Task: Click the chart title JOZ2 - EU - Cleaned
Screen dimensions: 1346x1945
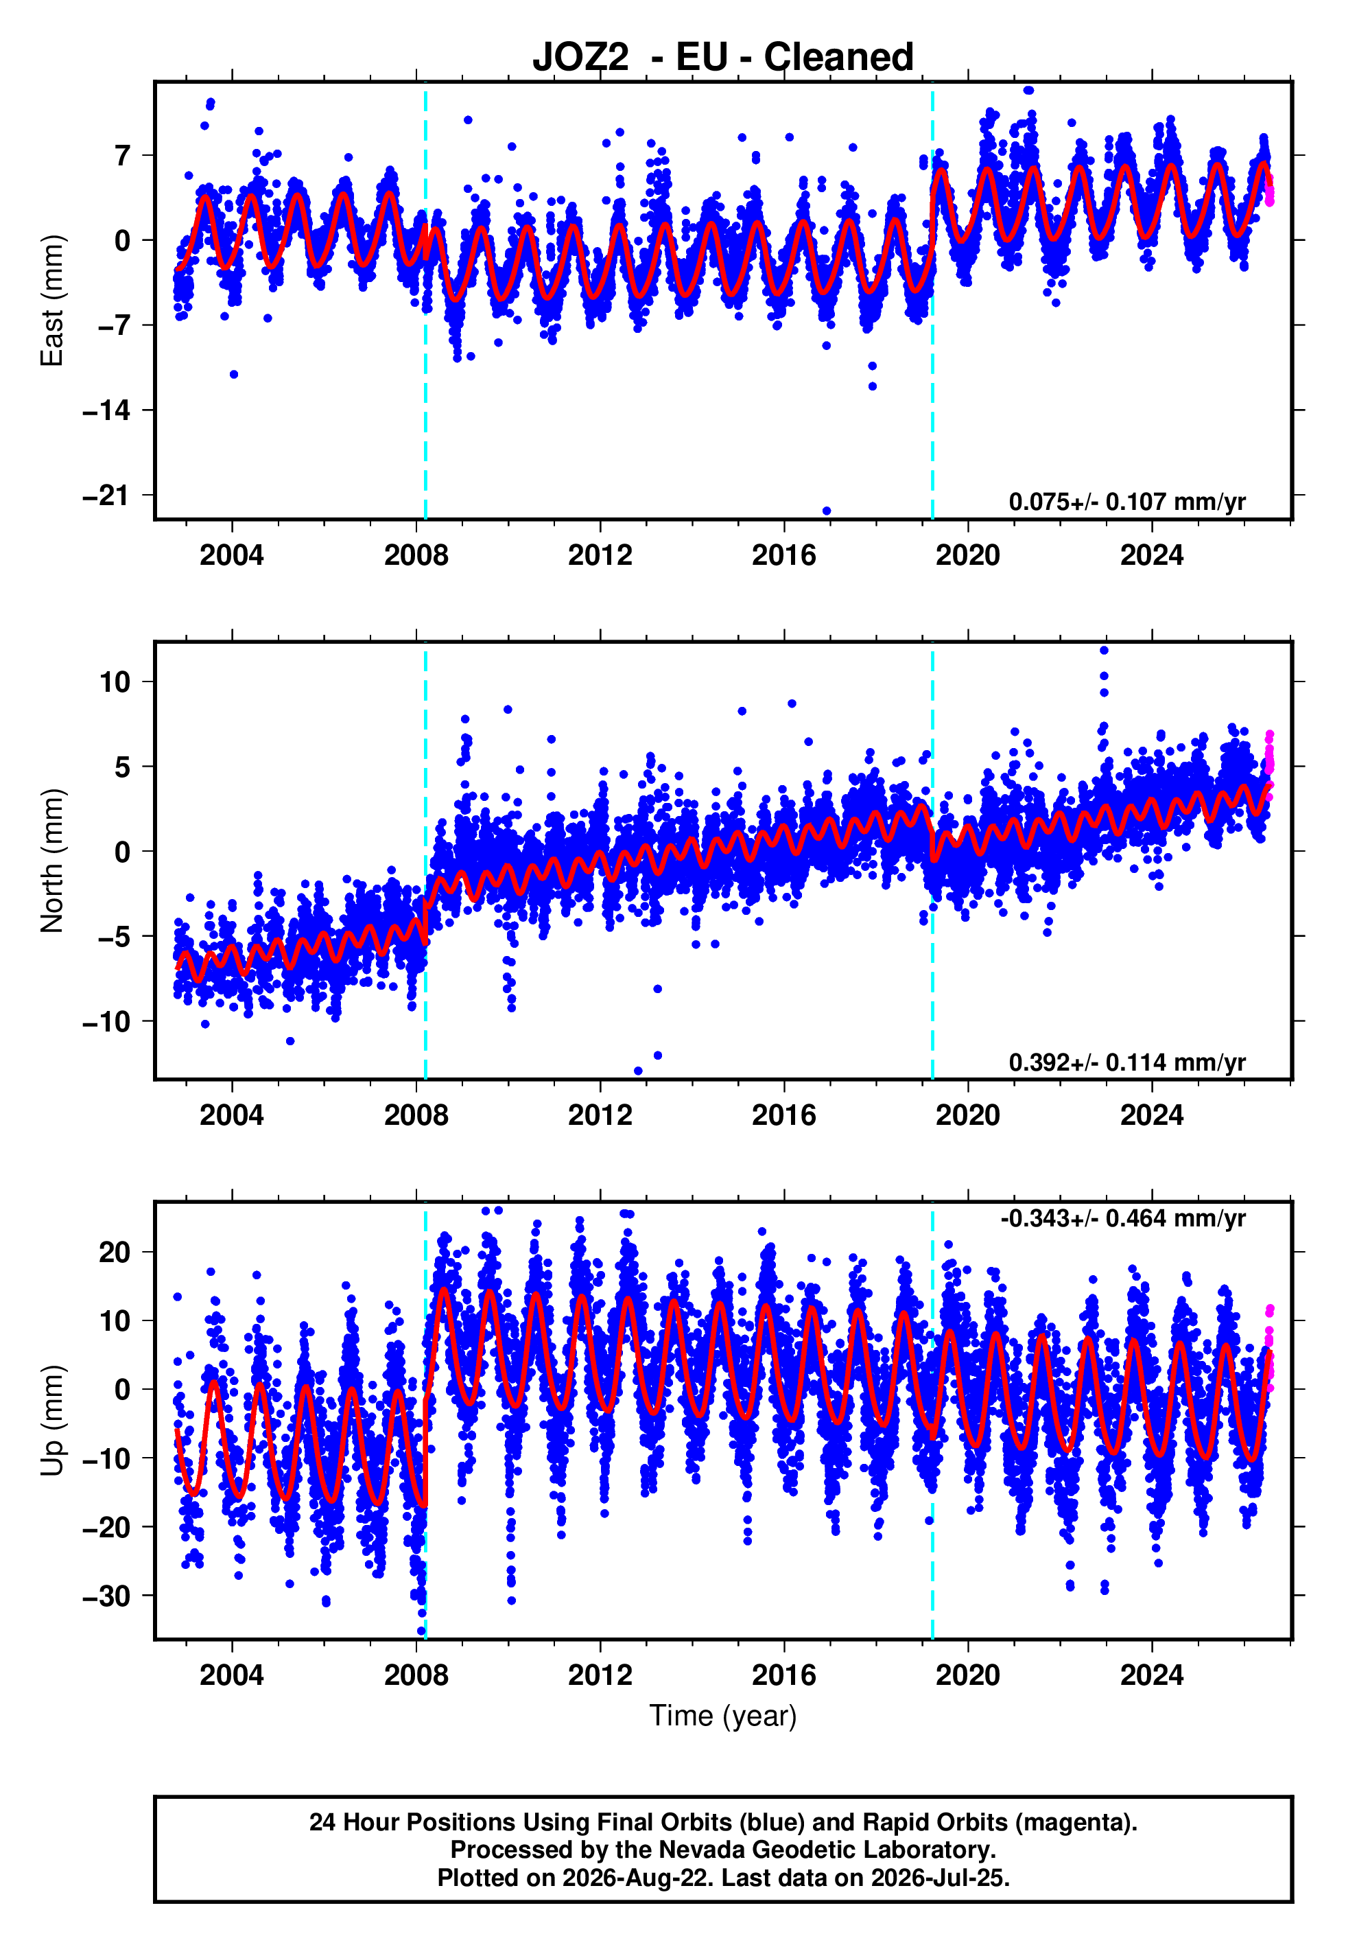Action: tap(723, 58)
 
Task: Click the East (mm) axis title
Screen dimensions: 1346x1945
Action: tap(52, 301)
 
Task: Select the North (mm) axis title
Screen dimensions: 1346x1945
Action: tap(52, 861)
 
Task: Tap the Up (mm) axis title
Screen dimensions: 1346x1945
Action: tap(52, 1421)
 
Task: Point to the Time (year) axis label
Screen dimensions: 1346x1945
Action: tap(723, 1716)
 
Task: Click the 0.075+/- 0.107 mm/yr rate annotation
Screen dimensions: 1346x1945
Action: tap(1126, 502)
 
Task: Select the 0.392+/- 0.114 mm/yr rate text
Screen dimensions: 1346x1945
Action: tap(1126, 1062)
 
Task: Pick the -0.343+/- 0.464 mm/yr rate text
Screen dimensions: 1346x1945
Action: tap(1122, 1218)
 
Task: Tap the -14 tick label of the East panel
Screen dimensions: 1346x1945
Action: tap(106, 411)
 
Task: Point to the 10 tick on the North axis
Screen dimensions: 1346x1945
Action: tap(115, 682)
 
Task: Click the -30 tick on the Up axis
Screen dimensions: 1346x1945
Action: tap(106, 1596)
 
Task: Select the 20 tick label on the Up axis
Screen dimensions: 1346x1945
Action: tap(115, 1253)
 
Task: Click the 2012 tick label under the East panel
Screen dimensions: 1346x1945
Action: tap(600, 555)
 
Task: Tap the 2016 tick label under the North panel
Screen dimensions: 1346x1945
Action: tap(783, 1115)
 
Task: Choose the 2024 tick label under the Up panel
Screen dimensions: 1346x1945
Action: tap(1152, 1675)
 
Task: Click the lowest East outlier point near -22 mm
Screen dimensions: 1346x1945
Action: tap(827, 511)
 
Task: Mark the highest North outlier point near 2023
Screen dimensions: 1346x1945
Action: tap(1104, 651)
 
